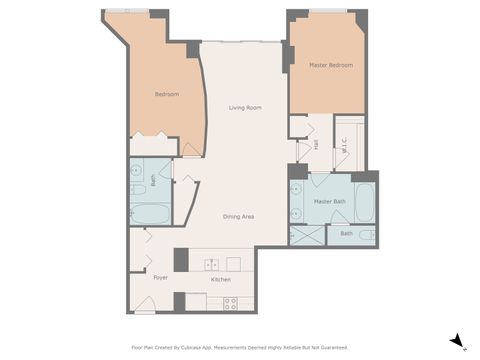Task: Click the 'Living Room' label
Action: click(245, 107)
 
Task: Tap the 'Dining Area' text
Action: click(237, 216)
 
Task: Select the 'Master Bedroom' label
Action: click(330, 65)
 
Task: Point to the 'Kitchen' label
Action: click(222, 278)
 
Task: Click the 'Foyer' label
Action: click(160, 278)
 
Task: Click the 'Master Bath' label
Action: click(329, 201)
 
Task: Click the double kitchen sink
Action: click(212, 264)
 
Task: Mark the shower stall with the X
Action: click(307, 236)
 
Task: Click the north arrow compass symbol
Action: click(457, 341)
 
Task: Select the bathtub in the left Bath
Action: click(150, 213)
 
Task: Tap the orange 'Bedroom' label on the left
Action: click(167, 94)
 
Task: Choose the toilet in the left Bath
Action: click(137, 188)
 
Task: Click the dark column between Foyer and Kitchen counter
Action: click(180, 259)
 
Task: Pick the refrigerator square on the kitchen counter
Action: click(233, 264)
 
